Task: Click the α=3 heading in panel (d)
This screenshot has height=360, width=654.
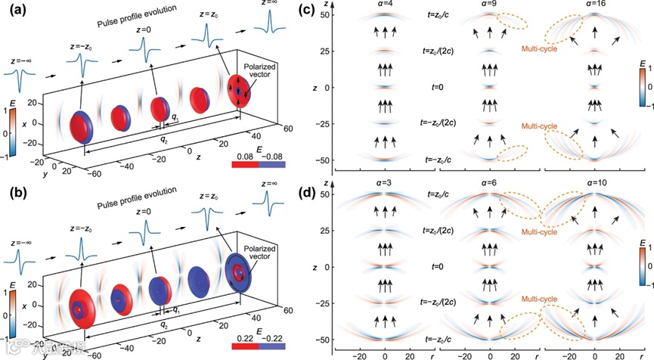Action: click(386, 187)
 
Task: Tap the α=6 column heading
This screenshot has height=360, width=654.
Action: click(491, 187)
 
